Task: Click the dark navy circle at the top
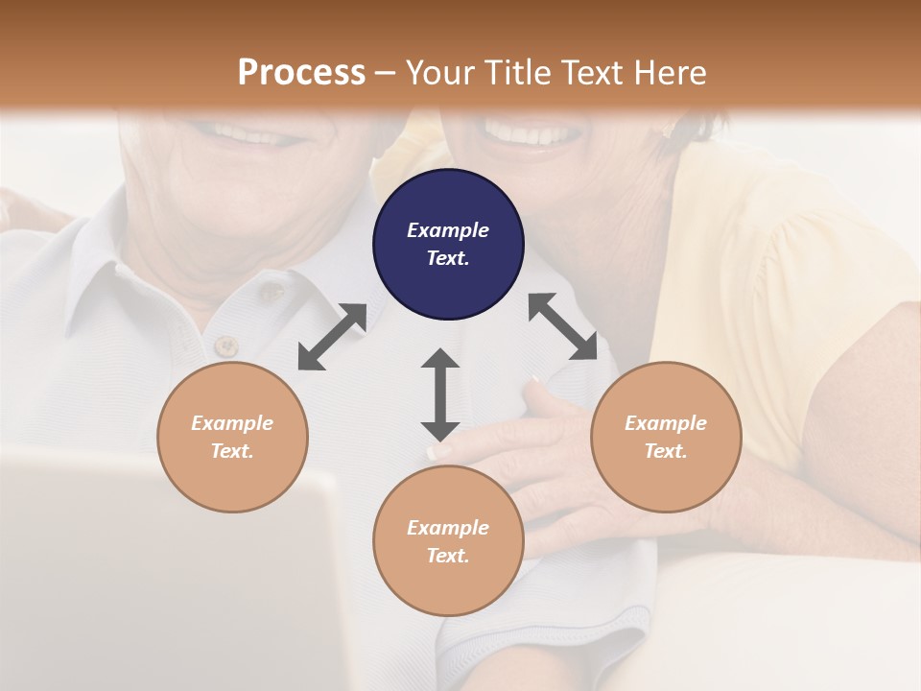click(x=448, y=244)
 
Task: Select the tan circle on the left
click(x=232, y=437)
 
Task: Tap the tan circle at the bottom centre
click(x=448, y=540)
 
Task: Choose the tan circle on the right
click(x=666, y=437)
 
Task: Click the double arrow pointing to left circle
click(x=332, y=337)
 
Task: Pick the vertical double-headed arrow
click(x=440, y=394)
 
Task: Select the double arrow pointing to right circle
click(x=563, y=326)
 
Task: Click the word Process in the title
click(x=301, y=72)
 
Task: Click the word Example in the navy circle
click(x=448, y=230)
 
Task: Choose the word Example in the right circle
click(x=666, y=423)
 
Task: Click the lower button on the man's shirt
click(x=225, y=345)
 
